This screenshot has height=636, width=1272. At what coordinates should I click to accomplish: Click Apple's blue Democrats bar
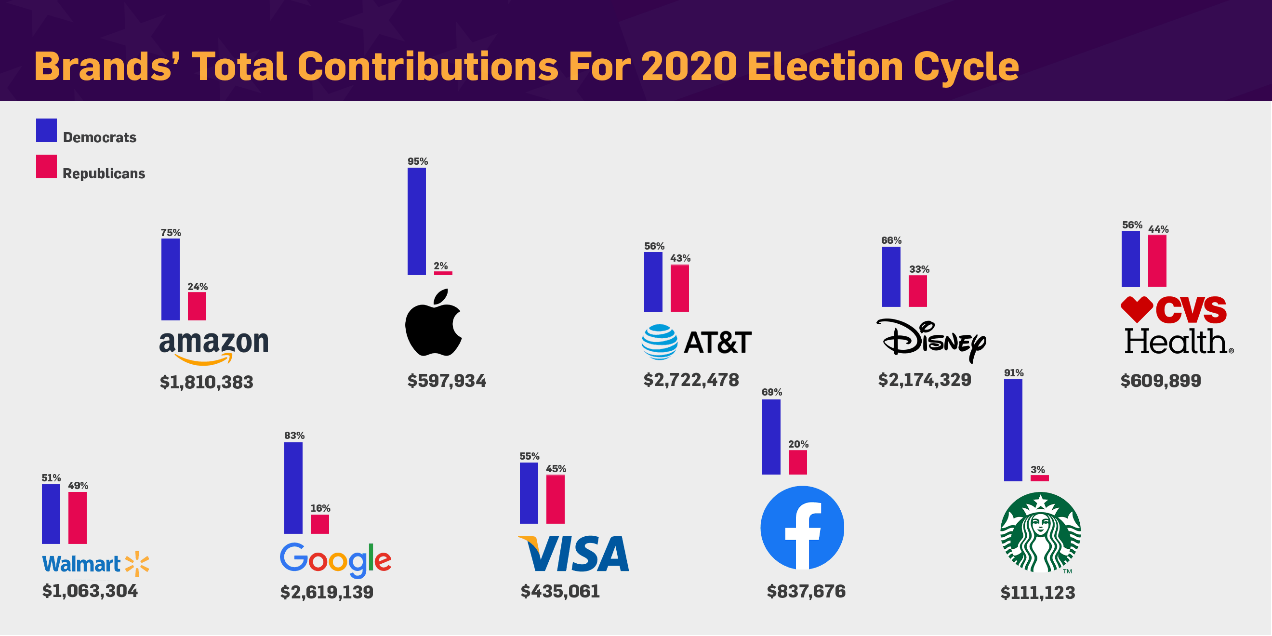pyautogui.click(x=417, y=221)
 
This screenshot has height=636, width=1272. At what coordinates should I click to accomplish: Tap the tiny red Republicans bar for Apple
pyautogui.click(x=443, y=273)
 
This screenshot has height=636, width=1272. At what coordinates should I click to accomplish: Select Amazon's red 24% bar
pyautogui.click(x=197, y=306)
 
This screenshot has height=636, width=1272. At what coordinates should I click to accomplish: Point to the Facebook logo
pyautogui.click(x=802, y=528)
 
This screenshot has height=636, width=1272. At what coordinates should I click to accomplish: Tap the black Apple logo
pyautogui.click(x=434, y=322)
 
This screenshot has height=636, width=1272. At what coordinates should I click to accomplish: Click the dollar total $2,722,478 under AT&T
pyautogui.click(x=691, y=380)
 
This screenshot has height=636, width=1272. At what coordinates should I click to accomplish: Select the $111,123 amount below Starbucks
pyautogui.click(x=1037, y=593)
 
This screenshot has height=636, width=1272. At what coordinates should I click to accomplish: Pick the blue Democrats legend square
pyautogui.click(x=46, y=131)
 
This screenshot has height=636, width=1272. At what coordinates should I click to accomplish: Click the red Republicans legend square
pyautogui.click(x=46, y=166)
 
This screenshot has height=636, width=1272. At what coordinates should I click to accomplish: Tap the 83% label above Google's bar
pyautogui.click(x=294, y=436)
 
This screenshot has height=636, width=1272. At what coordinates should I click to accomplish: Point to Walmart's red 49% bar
pyautogui.click(x=78, y=518)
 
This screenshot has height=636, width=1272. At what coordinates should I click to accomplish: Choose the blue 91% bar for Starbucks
pyautogui.click(x=1013, y=430)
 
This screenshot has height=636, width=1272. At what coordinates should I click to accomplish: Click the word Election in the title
pyautogui.click(x=826, y=66)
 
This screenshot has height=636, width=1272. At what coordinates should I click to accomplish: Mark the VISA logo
pyautogui.click(x=573, y=554)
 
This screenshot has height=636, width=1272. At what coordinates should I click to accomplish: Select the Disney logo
pyautogui.click(x=931, y=340)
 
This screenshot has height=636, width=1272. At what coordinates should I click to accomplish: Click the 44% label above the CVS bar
pyautogui.click(x=1158, y=229)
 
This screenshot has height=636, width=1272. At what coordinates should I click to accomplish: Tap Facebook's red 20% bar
pyautogui.click(x=798, y=463)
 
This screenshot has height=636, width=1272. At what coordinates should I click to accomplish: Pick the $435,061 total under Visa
pyautogui.click(x=560, y=592)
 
